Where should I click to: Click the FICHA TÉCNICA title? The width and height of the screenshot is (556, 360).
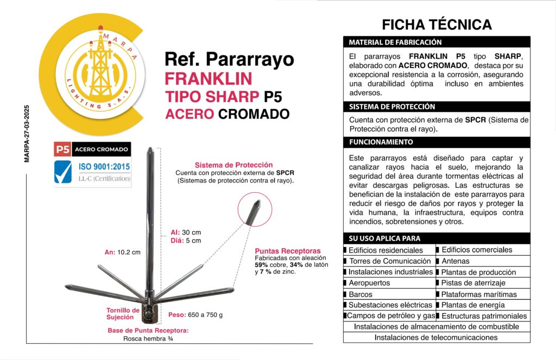[437, 24]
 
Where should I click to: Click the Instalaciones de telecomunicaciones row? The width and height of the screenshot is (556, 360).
[436, 337]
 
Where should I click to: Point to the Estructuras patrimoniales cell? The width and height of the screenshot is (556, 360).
[484, 316]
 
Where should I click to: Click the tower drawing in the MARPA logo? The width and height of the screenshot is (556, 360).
[100, 68]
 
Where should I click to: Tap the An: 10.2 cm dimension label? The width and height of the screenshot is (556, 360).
[122, 252]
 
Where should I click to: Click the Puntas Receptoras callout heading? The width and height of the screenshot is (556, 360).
[288, 251]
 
